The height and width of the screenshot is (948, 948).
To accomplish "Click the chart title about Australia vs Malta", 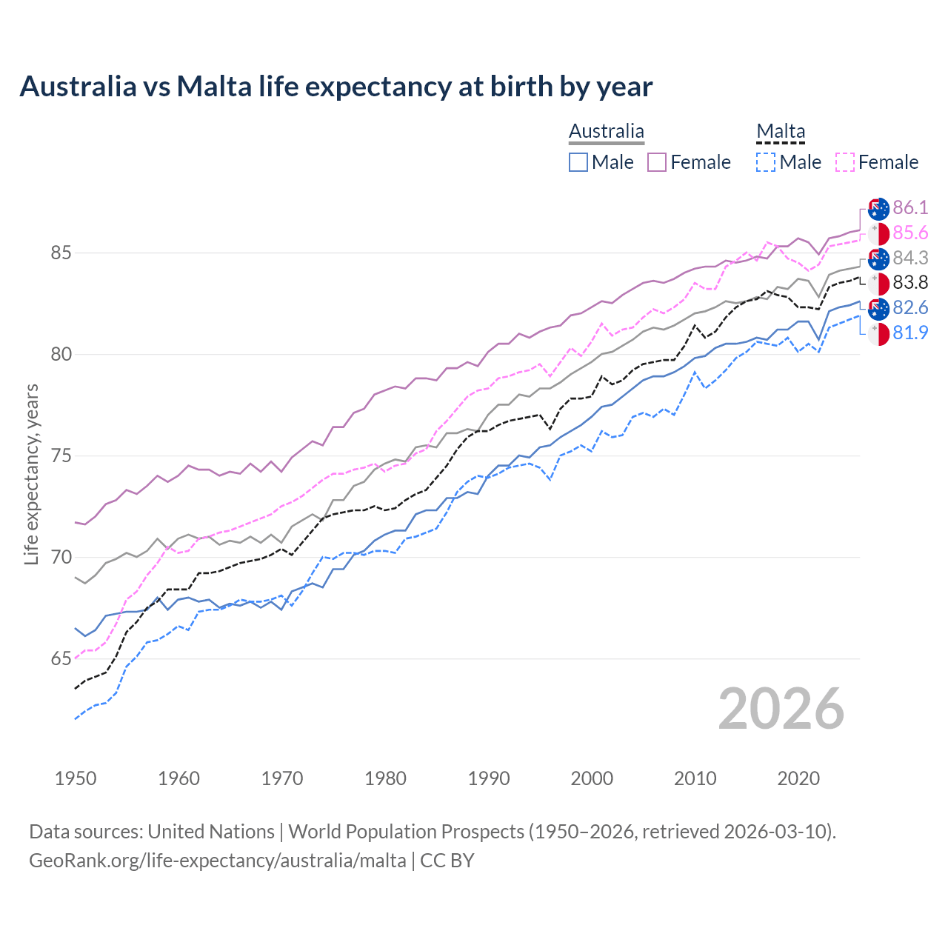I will point(336,87).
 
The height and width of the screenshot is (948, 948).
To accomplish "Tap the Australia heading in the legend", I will point(606,131).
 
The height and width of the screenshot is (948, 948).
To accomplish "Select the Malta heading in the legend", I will point(781,131).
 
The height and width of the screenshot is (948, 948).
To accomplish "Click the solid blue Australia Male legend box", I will point(578,162).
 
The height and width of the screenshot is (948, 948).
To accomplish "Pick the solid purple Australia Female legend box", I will point(657,162).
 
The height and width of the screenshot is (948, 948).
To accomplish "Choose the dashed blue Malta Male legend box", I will point(766,162).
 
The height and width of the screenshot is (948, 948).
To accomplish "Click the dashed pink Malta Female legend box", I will point(845,162).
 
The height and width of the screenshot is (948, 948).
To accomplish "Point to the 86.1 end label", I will point(910,207).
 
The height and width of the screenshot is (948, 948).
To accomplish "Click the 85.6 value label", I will point(910,233).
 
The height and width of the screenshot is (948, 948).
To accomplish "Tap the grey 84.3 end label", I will point(910,258).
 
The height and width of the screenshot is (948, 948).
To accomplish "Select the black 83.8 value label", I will point(910,282).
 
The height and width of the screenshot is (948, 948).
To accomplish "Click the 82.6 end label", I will point(910,307).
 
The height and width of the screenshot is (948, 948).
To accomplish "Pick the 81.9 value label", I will point(910,333).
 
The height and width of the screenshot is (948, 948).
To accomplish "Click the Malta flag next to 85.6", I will point(878,233).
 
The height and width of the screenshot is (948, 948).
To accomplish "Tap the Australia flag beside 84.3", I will point(878,258).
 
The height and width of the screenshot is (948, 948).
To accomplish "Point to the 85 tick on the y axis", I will point(61,253).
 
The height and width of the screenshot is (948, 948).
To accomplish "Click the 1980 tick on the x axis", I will point(385,778).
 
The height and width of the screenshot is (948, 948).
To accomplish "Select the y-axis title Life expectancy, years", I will point(31,474).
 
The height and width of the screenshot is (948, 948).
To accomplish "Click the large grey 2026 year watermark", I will point(781,709).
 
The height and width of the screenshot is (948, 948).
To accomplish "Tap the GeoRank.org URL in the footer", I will point(217,861).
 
